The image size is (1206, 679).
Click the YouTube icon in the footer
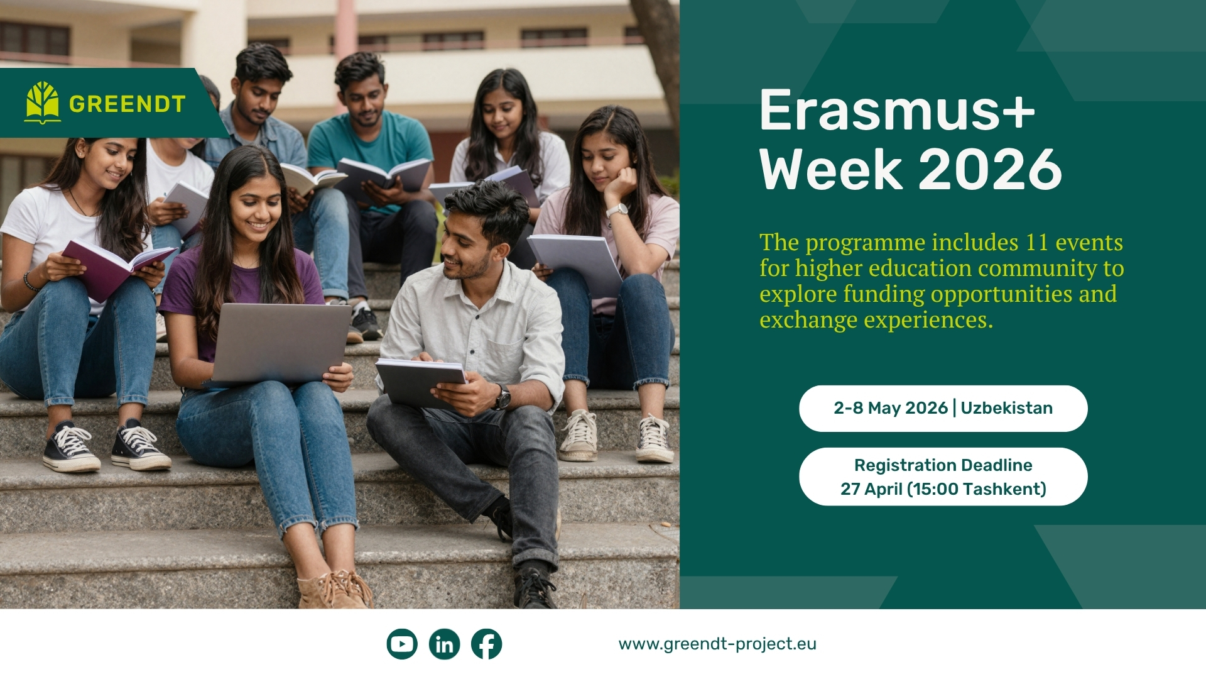pyautogui.click(x=402, y=644)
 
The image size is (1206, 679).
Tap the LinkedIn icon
pyautogui.click(x=444, y=644)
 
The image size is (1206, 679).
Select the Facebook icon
pyautogui.click(x=487, y=644)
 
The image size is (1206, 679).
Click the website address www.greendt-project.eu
pyautogui.click(x=717, y=644)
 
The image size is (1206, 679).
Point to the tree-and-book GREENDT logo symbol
pyautogui.click(x=43, y=102)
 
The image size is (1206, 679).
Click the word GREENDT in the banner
pyautogui.click(x=128, y=104)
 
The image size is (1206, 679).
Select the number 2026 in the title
pyautogui.click(x=990, y=170)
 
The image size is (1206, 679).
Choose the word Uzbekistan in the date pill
pyautogui.click(x=1006, y=408)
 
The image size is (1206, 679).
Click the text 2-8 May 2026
pyautogui.click(x=890, y=408)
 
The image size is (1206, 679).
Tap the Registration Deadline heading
pyautogui.click(x=943, y=465)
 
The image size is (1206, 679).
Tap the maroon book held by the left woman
pyautogui.click(x=113, y=267)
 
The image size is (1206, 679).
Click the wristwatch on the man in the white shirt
pyautogui.click(x=502, y=397)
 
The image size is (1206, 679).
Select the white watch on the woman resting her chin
pyautogui.click(x=617, y=210)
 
